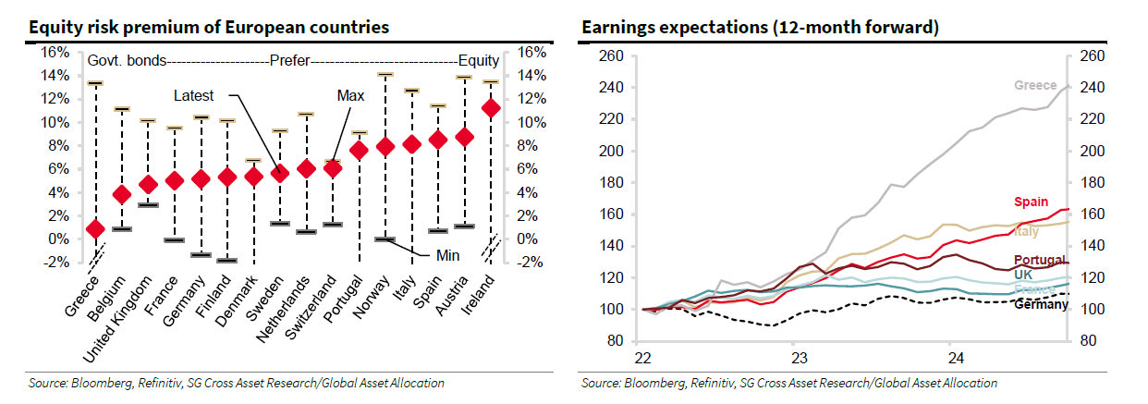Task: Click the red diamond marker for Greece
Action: click(x=95, y=228)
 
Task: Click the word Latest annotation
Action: click(x=193, y=95)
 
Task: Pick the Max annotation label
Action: click(x=350, y=95)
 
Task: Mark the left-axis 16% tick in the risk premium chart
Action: click(x=55, y=52)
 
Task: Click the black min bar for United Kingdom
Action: click(x=148, y=204)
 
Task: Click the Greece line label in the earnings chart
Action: click(x=1035, y=85)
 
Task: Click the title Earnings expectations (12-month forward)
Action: click(x=760, y=28)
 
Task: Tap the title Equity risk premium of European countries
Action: click(x=209, y=28)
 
